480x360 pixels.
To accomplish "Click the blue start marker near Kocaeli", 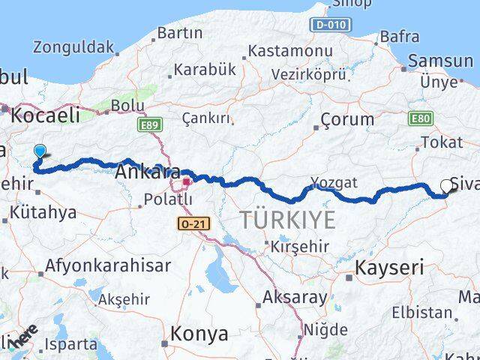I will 40,151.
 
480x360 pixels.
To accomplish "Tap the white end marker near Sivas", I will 447,186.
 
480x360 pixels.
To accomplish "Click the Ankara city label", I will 147,172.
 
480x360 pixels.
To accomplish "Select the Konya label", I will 199,332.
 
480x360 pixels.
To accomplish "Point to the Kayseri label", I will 389,267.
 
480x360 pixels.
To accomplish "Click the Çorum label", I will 347,119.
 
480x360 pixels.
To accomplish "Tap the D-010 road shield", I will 331,25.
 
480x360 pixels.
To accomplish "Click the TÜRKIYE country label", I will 287,220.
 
